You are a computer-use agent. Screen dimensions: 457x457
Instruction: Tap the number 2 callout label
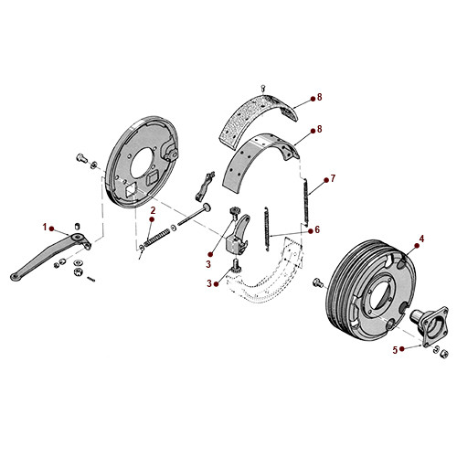(153, 211)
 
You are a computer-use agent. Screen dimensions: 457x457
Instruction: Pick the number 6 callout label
(317, 229)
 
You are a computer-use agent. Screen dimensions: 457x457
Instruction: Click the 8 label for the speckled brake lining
(320, 97)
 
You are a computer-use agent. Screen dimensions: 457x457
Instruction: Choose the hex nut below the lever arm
(78, 271)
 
